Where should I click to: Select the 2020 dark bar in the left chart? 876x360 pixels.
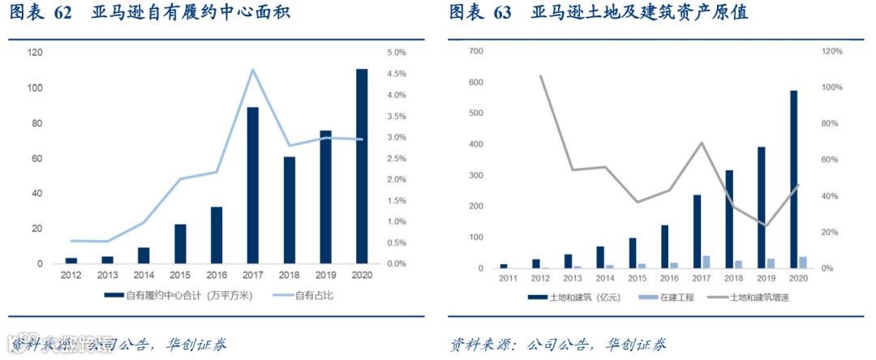point(362,166)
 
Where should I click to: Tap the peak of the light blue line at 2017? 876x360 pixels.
point(252,70)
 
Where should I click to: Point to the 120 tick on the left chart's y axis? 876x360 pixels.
point(35,53)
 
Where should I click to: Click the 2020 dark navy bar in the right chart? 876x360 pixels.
point(793,179)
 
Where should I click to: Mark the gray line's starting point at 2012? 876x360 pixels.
point(541,75)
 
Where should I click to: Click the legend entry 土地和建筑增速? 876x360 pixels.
point(755,298)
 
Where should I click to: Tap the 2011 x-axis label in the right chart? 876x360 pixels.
point(508,279)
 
